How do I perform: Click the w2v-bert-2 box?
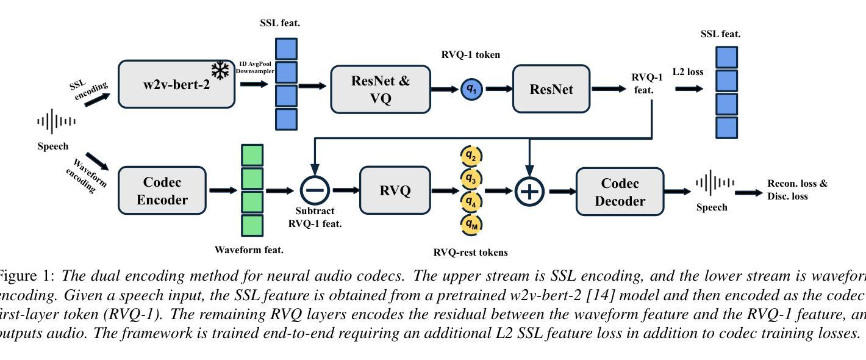pyautogui.click(x=176, y=84)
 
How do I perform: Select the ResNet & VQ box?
pyautogui.click(x=381, y=89)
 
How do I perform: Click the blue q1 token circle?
pyautogui.click(x=472, y=89)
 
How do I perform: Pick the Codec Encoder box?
pyautogui.click(x=162, y=190)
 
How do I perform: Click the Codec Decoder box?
pyautogui.click(x=620, y=192)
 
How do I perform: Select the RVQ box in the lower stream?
pyautogui.click(x=395, y=190)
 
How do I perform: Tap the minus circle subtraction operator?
pyautogui.click(x=315, y=190)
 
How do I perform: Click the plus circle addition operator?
pyautogui.click(x=530, y=191)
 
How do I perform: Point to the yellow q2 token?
pyautogui.click(x=471, y=156)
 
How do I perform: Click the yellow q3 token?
pyautogui.click(x=471, y=178)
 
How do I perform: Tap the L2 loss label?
pyautogui.click(x=688, y=72)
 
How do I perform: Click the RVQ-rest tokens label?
pyautogui.click(x=470, y=252)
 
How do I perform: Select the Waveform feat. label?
pyautogui.click(x=249, y=250)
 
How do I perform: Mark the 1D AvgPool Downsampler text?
pyautogui.click(x=255, y=67)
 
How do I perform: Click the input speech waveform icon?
pyautogui.click(x=56, y=121)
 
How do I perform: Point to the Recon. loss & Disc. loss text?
pyautogui.click(x=797, y=190)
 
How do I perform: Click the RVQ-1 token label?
pyautogui.click(x=470, y=55)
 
